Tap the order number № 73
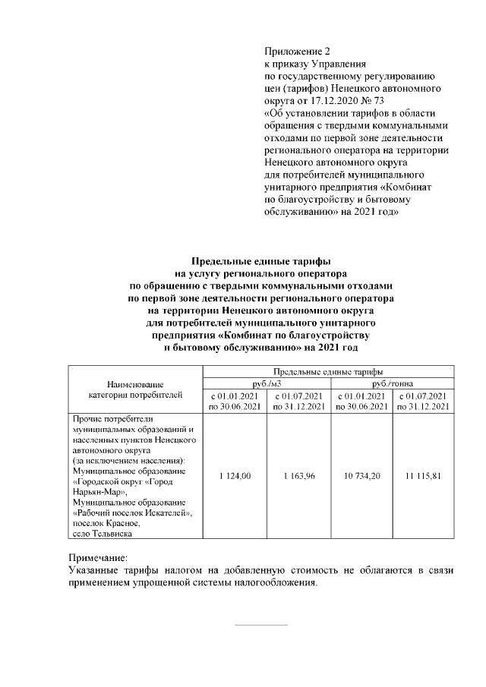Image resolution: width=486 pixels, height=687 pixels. [x=374, y=100]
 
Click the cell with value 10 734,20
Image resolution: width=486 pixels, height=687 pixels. [x=361, y=475]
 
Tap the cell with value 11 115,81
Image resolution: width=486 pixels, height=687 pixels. [x=424, y=475]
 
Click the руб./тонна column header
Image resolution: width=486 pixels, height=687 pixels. [x=393, y=383]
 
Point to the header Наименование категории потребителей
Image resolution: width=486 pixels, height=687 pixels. [x=135, y=389]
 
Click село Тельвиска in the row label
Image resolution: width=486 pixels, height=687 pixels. [x=103, y=534]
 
